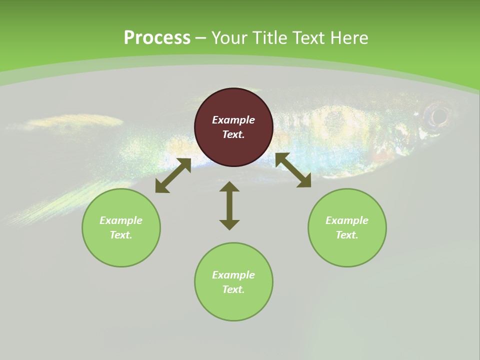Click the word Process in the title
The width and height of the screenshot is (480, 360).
[x=157, y=38]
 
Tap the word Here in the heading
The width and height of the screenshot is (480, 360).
[x=349, y=38]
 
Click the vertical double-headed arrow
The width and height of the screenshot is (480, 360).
[x=229, y=205]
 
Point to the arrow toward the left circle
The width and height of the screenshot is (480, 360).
[x=173, y=175]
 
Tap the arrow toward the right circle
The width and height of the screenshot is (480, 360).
[x=293, y=170]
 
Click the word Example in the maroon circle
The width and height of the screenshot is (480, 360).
[x=233, y=120]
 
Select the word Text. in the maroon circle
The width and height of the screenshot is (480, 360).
[x=233, y=134]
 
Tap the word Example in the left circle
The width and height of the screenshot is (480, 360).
[x=121, y=220]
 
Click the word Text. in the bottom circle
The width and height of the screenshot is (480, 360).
[x=233, y=289]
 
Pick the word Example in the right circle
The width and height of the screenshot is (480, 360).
[x=347, y=220]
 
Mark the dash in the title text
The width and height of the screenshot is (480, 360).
[x=201, y=38]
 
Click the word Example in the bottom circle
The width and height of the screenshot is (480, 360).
[x=233, y=275]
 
